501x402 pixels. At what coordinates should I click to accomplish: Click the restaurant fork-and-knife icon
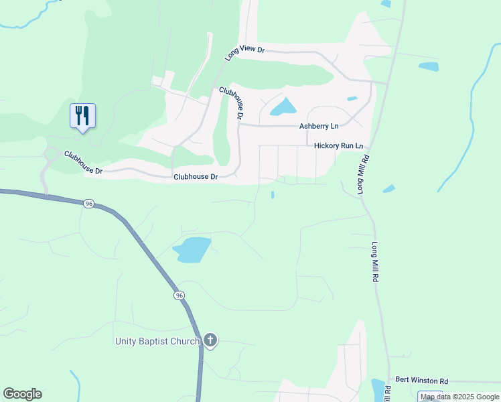82,116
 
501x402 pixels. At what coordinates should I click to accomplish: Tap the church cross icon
210,341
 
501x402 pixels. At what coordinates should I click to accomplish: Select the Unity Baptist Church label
156,342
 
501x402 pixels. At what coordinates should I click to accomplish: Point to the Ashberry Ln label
319,126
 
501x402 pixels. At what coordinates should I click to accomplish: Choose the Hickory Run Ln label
338,145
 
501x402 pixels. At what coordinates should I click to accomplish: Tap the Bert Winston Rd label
421,380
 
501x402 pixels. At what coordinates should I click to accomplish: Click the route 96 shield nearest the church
178,295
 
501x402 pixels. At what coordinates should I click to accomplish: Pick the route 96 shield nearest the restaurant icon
89,203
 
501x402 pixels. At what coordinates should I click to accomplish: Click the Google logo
22,394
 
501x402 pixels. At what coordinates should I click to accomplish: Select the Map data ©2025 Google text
460,397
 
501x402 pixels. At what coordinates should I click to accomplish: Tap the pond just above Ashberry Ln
284,106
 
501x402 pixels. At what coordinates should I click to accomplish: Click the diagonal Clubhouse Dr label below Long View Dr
231,102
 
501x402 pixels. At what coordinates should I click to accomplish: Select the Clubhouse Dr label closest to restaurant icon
83,163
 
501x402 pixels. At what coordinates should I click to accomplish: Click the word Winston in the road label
421,380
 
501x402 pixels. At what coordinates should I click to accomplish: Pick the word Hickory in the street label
328,145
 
